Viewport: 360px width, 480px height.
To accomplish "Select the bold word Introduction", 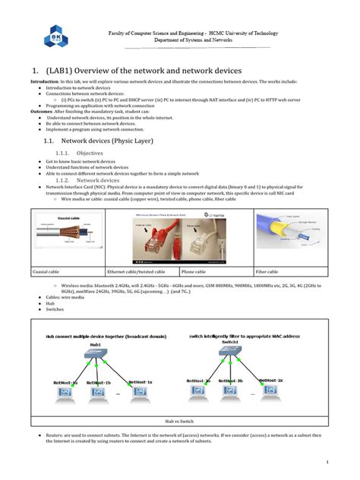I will click(x=45, y=81).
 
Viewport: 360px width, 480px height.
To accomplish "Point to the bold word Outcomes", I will click(x=43, y=111).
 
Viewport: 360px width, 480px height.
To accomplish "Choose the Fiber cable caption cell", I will click(x=267, y=271).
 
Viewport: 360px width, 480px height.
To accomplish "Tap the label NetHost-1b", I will click(x=99, y=383).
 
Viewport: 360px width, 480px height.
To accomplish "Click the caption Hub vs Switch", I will click(x=180, y=419).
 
